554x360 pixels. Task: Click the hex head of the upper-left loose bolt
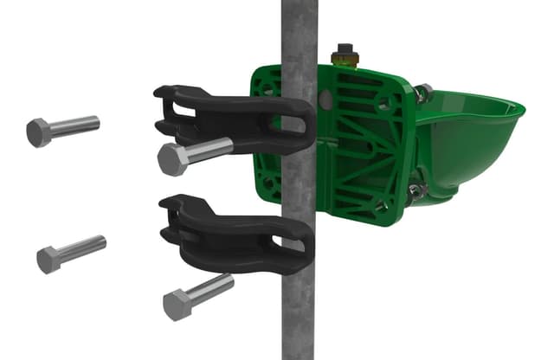click(39, 132)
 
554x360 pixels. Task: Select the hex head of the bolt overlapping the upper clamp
click(172, 160)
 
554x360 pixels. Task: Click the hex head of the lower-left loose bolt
click(49, 259)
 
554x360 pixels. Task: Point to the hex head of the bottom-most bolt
click(177, 304)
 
